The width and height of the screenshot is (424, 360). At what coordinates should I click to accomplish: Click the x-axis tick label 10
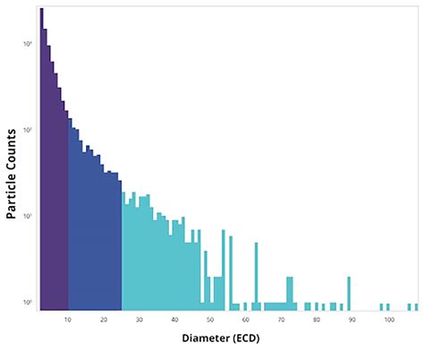pyautogui.click(x=68, y=319)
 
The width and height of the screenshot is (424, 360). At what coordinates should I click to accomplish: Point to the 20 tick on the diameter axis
pyautogui.click(x=104, y=319)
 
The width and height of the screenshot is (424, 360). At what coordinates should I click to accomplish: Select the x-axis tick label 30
pyautogui.click(x=140, y=319)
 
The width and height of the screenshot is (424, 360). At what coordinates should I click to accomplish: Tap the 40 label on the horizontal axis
pyautogui.click(x=175, y=319)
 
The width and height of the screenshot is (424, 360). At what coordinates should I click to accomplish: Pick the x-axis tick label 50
pyautogui.click(x=211, y=319)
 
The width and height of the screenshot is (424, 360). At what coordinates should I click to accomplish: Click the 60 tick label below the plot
pyautogui.click(x=246, y=319)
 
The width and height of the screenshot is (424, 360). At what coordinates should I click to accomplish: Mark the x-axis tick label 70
pyautogui.click(x=282, y=319)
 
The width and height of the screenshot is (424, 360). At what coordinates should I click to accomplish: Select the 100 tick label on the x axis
pyautogui.click(x=389, y=319)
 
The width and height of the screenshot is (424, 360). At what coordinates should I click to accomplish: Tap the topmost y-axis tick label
pyautogui.click(x=29, y=44)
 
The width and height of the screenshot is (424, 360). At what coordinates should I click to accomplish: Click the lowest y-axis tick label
pyautogui.click(x=29, y=302)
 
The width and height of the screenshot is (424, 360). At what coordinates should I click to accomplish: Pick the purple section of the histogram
pyautogui.click(x=54, y=224)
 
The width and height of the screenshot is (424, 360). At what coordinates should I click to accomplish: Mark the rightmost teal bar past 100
pyautogui.click(x=414, y=305)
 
